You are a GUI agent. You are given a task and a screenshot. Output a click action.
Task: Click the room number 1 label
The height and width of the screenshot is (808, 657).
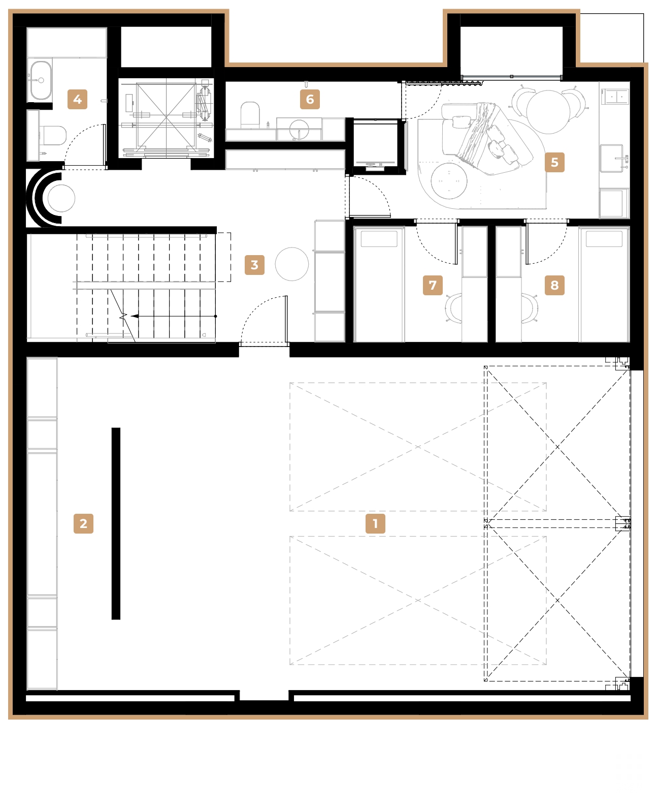tap(375, 523)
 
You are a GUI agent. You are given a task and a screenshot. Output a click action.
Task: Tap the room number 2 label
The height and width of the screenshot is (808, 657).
tap(83, 523)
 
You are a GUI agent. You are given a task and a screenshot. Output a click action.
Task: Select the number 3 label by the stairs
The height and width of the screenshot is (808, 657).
tap(254, 265)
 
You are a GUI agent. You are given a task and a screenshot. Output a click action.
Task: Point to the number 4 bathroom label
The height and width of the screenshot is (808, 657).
tap(77, 99)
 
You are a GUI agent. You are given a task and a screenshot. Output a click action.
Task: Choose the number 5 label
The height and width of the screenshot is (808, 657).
tap(554, 162)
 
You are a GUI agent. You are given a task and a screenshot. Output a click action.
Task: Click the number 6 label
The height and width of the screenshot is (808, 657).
tap(310, 99)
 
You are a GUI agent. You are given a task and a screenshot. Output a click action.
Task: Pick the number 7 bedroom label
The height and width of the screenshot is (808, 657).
tap(433, 285)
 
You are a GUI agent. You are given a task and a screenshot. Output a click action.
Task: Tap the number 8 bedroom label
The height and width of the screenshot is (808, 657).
tap(554, 285)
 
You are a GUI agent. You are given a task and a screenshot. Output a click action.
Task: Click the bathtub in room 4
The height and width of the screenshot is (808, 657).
tap(41, 80)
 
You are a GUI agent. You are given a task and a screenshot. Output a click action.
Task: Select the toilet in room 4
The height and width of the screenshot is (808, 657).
tap(53, 135)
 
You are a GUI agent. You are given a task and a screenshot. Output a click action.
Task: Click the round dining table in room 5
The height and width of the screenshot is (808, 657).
tap(548, 111)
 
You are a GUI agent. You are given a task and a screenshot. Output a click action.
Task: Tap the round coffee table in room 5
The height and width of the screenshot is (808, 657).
tap(449, 181)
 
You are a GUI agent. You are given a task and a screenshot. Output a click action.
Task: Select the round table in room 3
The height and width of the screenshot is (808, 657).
tap(292, 264)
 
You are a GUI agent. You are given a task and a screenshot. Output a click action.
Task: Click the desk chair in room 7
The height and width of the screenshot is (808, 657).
tap(453, 308)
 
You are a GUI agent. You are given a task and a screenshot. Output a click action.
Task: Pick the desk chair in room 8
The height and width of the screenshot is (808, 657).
tap(530, 308)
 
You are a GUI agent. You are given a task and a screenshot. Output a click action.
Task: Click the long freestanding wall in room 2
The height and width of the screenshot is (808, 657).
tap(116, 523)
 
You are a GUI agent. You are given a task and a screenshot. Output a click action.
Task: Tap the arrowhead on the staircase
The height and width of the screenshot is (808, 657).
tap(135, 316)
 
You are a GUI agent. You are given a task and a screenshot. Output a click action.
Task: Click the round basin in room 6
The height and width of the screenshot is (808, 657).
tap(299, 129)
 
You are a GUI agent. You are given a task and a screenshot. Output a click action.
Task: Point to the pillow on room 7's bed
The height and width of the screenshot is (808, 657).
tap(379, 239)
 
